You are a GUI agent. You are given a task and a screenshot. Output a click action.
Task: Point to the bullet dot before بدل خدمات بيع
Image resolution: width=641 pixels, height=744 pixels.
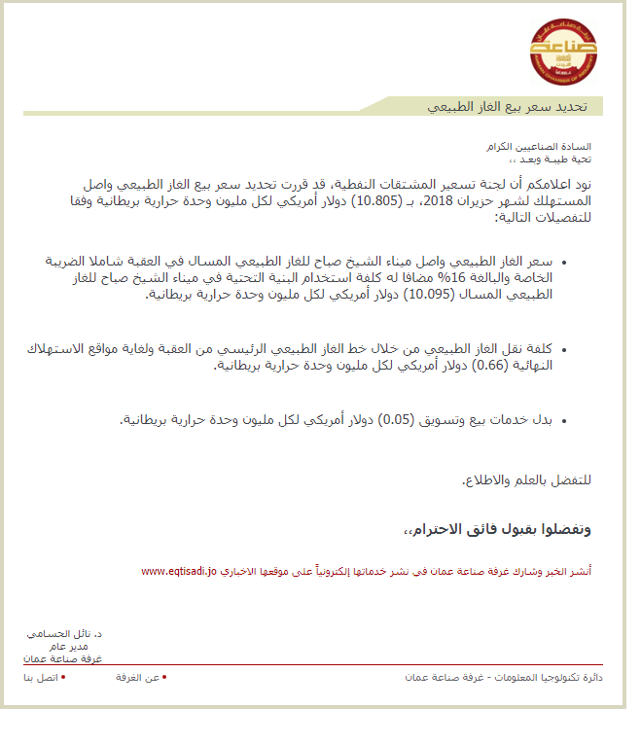(568, 421)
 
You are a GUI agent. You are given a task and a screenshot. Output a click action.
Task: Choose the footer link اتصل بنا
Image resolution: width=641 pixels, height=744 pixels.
(41, 676)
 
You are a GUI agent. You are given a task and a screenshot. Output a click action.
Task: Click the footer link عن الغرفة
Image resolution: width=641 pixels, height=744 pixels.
(137, 676)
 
